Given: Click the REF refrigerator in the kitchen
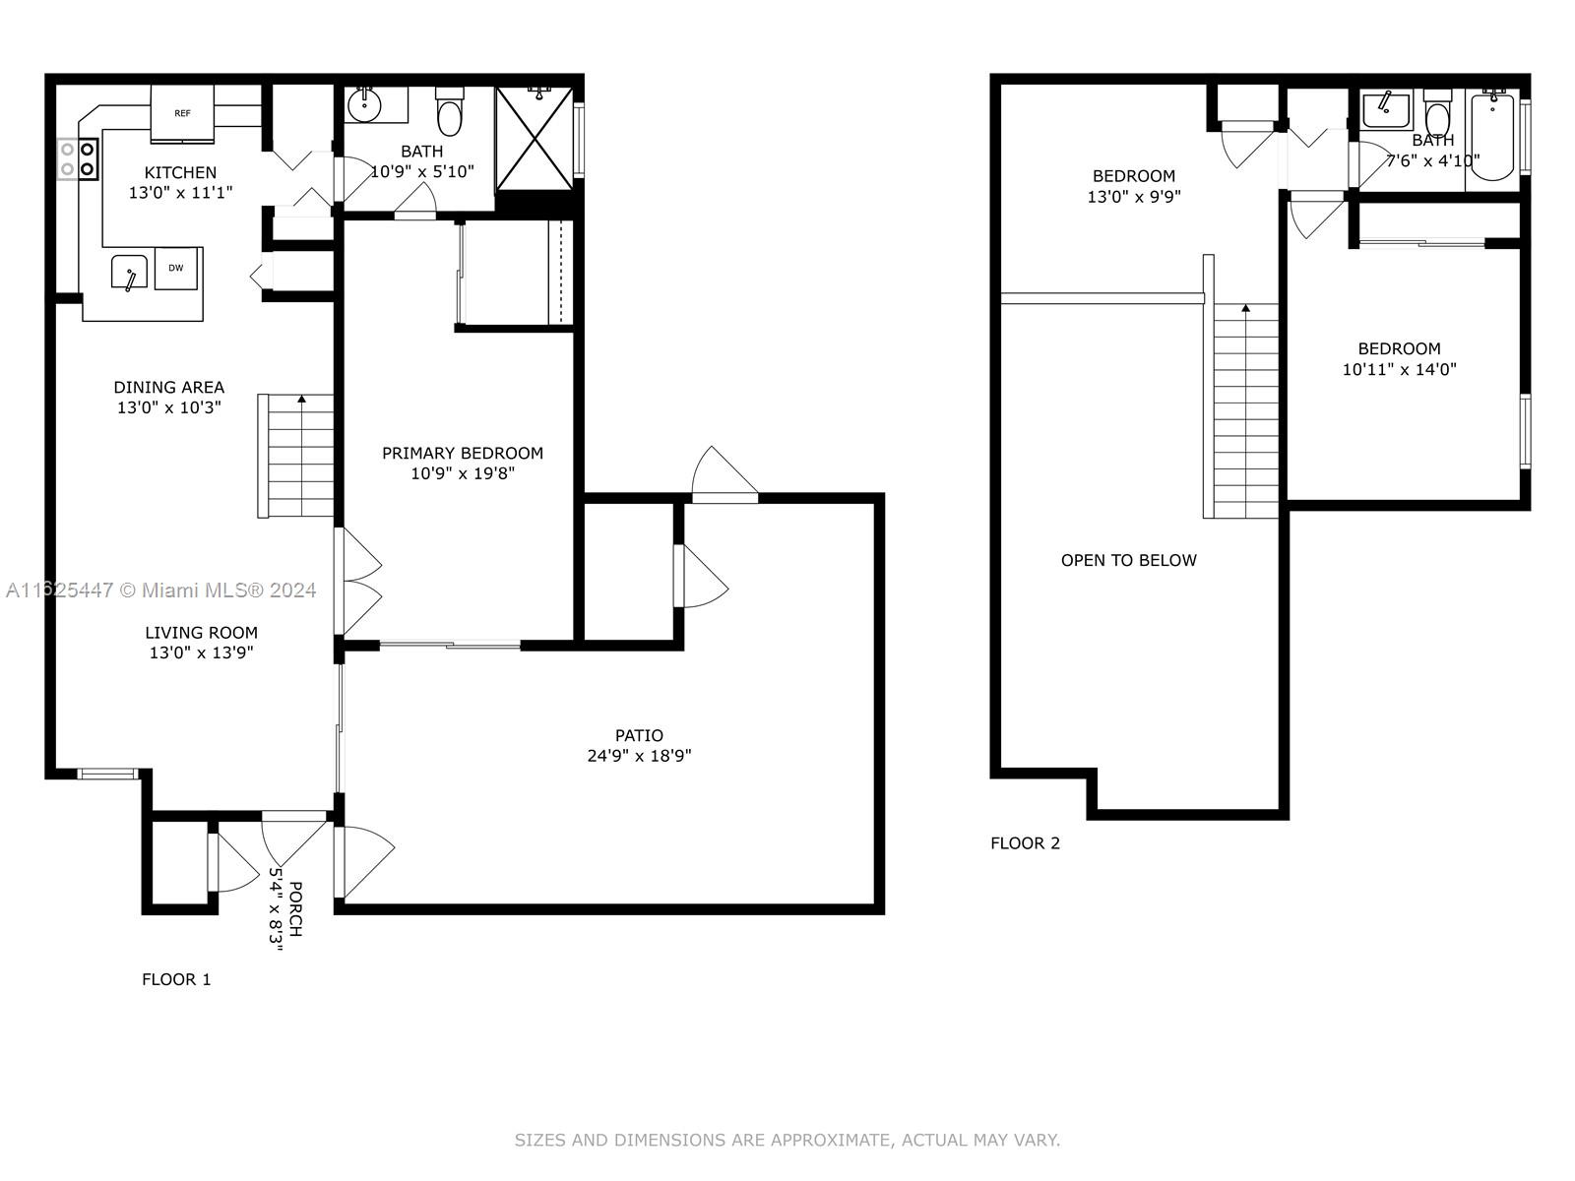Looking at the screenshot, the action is tap(182, 113).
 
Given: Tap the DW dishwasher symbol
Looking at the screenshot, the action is tap(176, 268).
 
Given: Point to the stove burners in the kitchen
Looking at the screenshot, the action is tap(78, 159).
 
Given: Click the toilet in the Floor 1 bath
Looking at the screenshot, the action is tap(450, 112).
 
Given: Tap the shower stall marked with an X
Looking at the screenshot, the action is tap(535, 139).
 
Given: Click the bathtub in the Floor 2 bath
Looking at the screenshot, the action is tap(1493, 136).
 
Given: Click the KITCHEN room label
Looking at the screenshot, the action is tap(181, 173).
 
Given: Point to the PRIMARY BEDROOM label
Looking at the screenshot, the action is tap(463, 453).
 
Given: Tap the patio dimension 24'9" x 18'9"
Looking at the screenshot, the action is tap(639, 756).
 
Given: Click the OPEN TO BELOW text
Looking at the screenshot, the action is tap(1129, 561).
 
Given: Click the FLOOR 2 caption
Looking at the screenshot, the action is tap(1026, 843).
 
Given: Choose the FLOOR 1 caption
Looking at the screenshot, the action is tap(176, 979).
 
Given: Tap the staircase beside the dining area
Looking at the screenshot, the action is tap(295, 456).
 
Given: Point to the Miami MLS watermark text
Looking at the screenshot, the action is tap(160, 590).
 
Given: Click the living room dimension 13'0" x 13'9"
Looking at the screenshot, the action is tap(202, 653).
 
